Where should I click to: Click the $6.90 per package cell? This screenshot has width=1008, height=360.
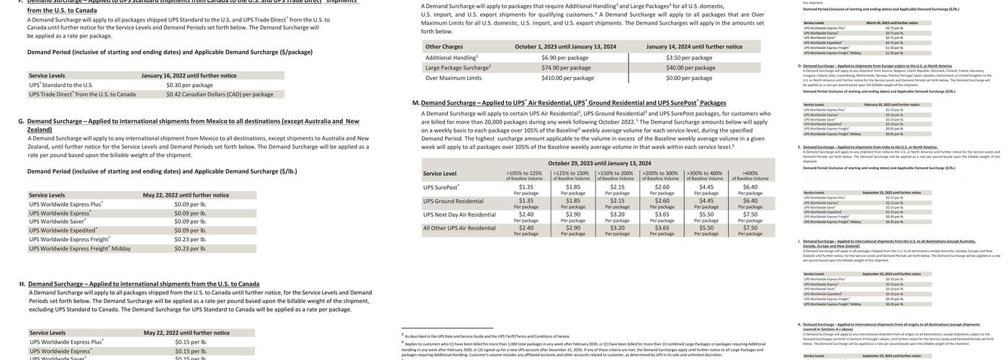point(564,58)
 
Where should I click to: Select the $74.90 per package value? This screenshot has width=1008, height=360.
point(566,68)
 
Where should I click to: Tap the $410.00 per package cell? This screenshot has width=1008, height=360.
point(566,78)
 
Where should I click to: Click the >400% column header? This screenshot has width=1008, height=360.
point(750,174)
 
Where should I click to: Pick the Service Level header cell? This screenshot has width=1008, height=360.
point(440,174)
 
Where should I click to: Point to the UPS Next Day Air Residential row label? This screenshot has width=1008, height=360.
point(459,215)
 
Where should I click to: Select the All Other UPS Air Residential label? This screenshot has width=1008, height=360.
point(459,228)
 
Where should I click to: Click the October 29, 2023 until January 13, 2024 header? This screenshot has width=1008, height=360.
point(599,163)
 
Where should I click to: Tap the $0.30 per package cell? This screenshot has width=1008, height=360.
point(189,85)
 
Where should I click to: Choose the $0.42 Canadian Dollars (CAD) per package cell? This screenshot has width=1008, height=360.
point(220,94)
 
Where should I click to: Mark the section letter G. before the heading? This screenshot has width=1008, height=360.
point(22,121)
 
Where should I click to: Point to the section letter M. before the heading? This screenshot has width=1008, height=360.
point(415,103)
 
